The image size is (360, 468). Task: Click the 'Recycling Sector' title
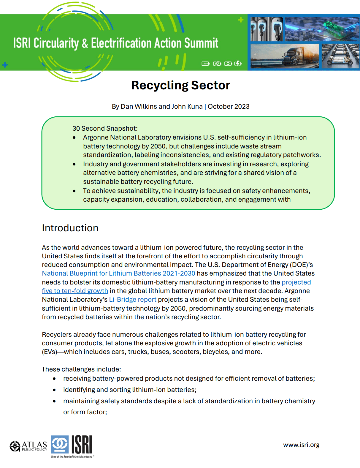(180, 86)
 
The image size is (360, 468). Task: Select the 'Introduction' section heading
(70, 228)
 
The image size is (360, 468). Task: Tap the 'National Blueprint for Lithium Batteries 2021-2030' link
(118, 273)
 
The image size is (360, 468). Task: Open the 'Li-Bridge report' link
(133, 300)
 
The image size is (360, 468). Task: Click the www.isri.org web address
(301, 445)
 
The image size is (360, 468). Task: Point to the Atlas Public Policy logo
(28, 446)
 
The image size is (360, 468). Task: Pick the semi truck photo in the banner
(285, 56)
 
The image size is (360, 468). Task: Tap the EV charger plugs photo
(267, 29)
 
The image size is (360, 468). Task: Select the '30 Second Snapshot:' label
(105, 129)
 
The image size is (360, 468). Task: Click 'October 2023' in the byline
(229, 107)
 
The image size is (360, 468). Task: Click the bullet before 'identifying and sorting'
(54, 390)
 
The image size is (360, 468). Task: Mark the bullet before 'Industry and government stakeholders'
(74, 164)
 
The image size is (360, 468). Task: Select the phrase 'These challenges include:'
(81, 369)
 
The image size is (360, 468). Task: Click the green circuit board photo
(322, 29)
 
